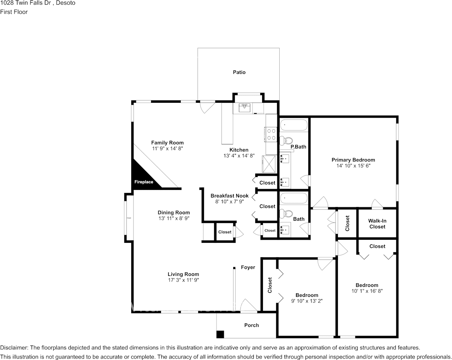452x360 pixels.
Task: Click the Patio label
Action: [239, 72]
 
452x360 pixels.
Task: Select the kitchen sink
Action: [245, 108]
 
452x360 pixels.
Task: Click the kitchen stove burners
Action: [271, 134]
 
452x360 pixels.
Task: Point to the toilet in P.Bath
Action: [286, 140]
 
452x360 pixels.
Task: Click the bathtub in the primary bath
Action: [294, 125]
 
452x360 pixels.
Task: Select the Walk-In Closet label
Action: [377, 224]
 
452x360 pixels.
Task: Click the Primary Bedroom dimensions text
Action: [353, 166]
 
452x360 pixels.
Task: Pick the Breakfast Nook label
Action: [229, 196]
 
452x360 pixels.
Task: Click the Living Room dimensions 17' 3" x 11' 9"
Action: [183, 280]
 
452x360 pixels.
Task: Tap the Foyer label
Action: [248, 267]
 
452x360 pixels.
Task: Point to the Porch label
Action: [251, 325]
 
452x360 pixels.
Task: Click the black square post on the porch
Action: [220, 335]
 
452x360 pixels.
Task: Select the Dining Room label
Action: [174, 212]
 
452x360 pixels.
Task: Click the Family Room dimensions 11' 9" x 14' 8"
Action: [167, 148]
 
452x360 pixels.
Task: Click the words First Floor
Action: [14, 12]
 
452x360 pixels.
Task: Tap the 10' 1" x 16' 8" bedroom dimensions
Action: [367, 291]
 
